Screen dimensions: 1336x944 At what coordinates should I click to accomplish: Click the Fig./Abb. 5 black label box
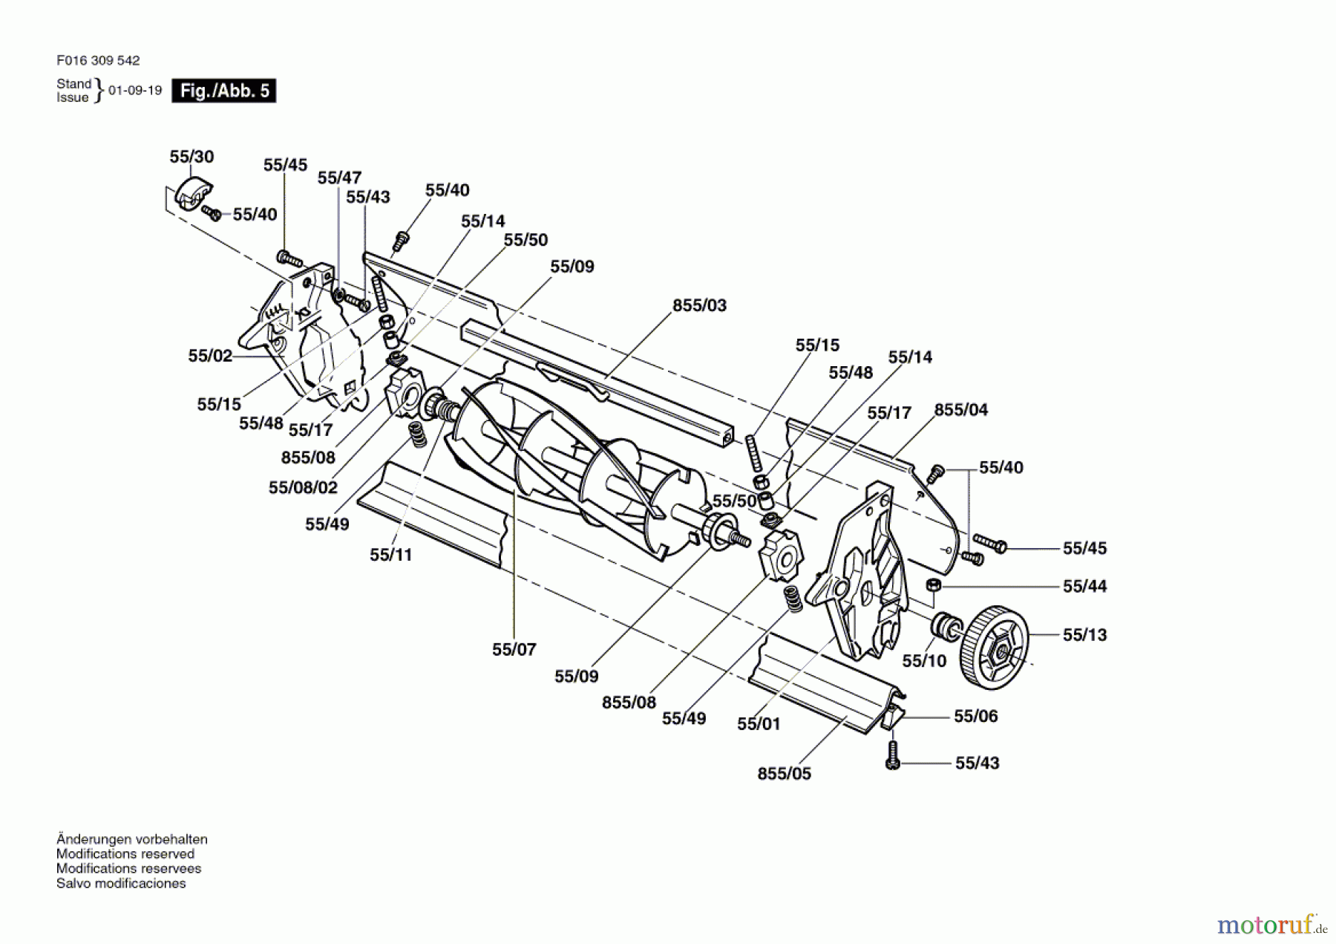point(223,91)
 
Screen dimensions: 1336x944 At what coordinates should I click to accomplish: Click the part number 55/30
point(191,157)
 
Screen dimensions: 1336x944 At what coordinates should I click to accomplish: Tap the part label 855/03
point(700,305)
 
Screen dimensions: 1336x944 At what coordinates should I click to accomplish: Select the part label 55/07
point(514,650)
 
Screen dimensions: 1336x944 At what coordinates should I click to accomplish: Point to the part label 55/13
point(1084,635)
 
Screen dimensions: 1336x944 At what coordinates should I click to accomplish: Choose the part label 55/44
point(1084,587)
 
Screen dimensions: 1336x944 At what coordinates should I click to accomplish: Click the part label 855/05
point(785,774)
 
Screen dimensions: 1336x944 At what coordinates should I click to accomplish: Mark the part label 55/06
point(976,716)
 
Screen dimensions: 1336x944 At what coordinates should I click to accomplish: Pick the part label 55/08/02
point(303,488)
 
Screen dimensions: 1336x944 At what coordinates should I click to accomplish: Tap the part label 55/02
point(210,356)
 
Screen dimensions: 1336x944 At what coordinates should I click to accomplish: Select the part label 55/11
point(391,555)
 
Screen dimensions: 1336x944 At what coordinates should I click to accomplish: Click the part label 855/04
point(961,410)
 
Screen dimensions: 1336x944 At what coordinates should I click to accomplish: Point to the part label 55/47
point(339,178)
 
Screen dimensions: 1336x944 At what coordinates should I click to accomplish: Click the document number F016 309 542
point(98,61)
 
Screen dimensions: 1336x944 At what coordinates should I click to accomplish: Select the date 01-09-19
point(135,91)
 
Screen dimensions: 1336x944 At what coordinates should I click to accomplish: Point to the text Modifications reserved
point(125,854)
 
